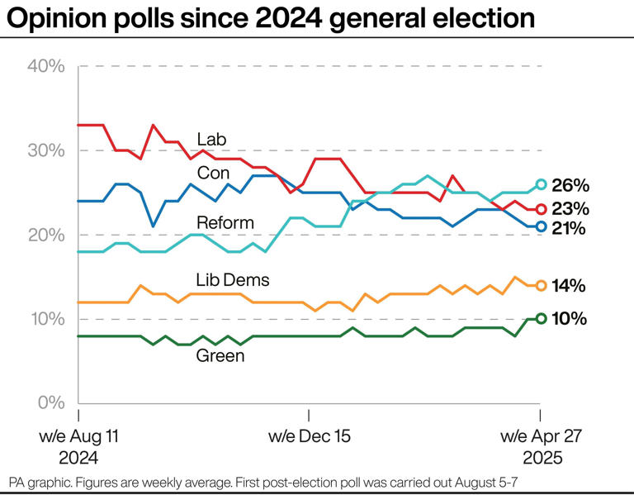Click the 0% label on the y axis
[51, 402]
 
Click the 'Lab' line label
[211, 139]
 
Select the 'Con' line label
[213, 173]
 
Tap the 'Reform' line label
[225, 222]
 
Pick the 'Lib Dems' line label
[234, 280]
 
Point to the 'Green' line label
[220, 356]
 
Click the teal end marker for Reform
[541, 184]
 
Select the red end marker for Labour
[541, 209]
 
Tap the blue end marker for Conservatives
[541, 226]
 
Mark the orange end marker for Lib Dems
[541, 285]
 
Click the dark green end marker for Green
[541, 318]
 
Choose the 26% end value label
[570, 185]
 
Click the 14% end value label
[570, 286]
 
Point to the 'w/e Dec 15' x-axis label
[309, 436]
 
